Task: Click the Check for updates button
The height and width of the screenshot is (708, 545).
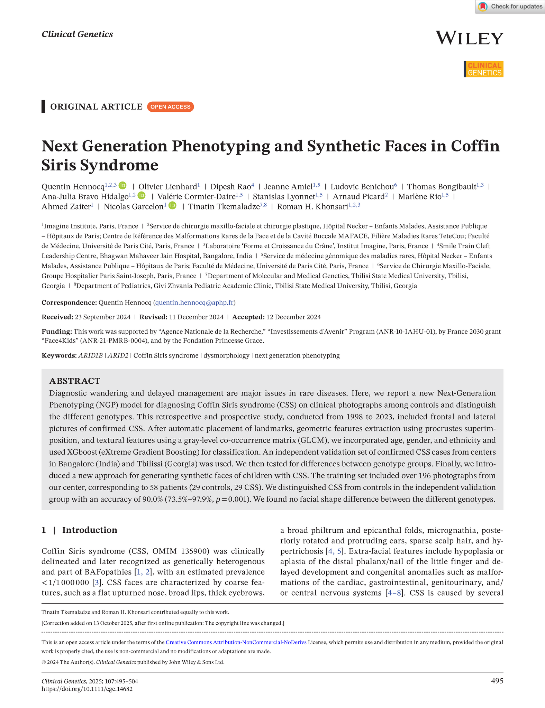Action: (510, 7)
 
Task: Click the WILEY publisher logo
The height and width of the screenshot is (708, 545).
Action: (469, 38)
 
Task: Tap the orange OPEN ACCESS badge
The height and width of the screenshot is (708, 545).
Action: (170, 107)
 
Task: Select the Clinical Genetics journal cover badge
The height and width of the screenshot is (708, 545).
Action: (483, 69)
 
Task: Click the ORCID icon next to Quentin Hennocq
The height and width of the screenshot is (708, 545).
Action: (122, 186)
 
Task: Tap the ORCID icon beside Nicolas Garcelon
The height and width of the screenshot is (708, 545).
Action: (172, 206)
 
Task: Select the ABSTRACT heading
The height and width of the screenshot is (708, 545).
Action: (75, 381)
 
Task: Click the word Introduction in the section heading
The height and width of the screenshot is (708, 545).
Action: (90, 530)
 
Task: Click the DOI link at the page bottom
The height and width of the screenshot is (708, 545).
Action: (87, 689)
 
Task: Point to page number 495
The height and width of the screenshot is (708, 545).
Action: (497, 681)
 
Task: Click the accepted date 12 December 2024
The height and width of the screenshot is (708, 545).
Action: (293, 317)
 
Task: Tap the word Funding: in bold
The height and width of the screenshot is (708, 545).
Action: (57, 332)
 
